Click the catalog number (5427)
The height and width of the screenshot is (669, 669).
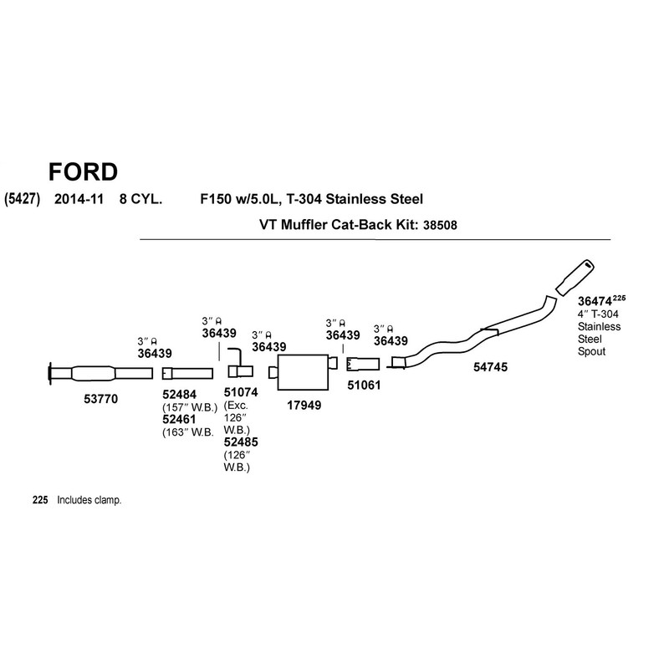pos(23,199)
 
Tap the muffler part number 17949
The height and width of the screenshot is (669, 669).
pos(304,406)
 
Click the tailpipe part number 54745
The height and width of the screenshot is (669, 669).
pos(490,366)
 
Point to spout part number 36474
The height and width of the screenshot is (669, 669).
pos(595,301)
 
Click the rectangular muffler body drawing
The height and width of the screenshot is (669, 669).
pos(303,370)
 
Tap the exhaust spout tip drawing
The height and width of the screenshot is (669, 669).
pos(577,276)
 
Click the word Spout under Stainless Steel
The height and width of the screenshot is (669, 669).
pos(591,353)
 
